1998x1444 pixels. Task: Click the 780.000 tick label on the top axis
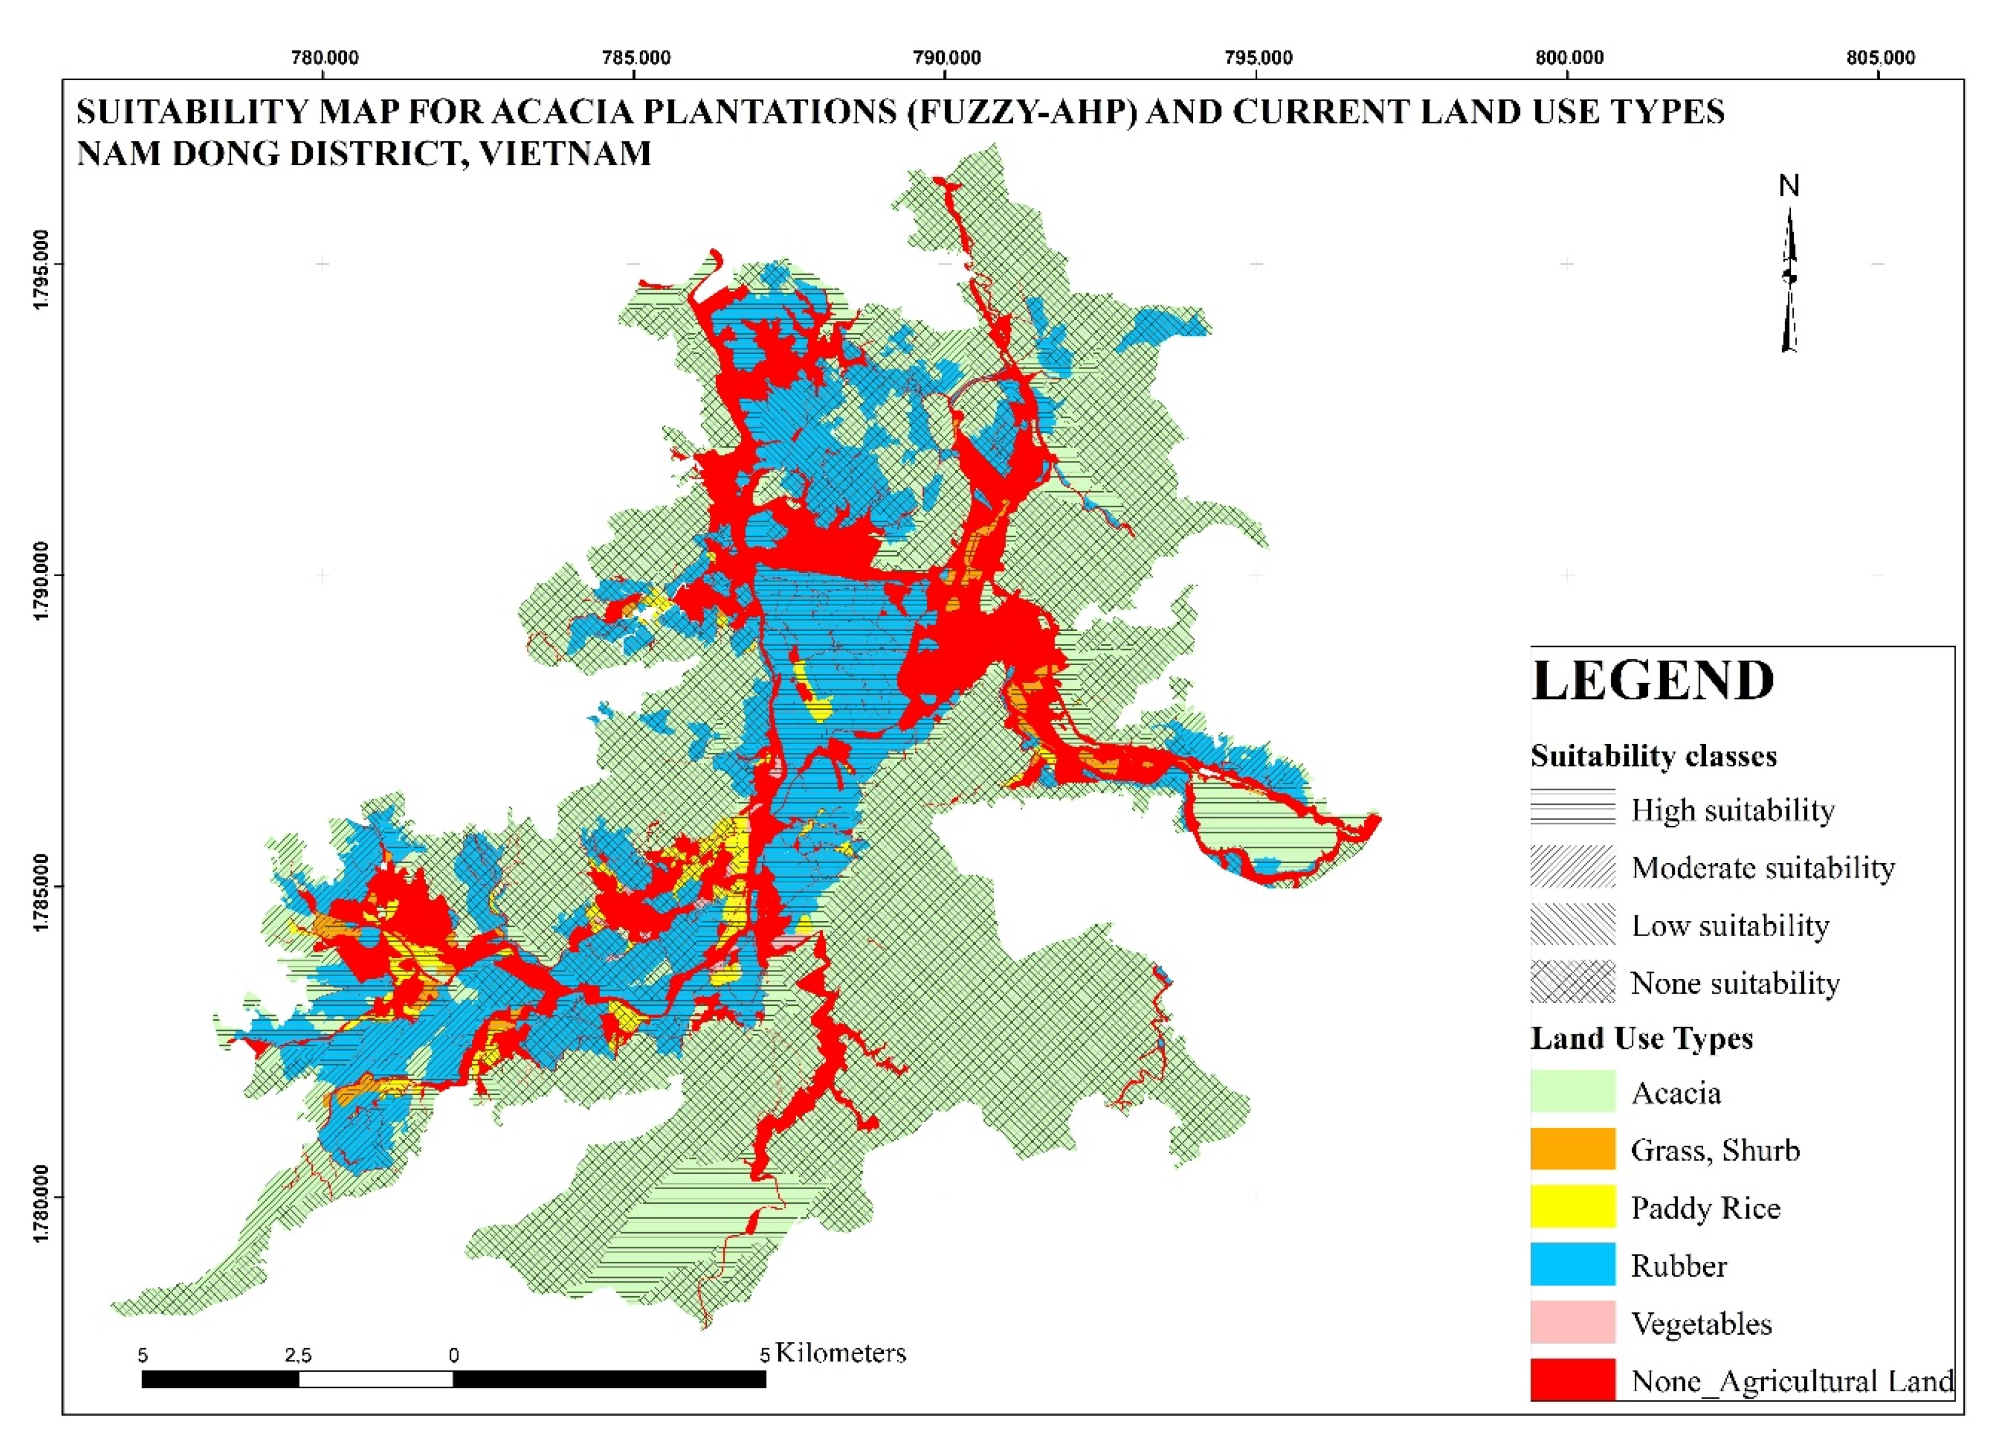[x=324, y=58]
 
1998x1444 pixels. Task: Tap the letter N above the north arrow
[x=1789, y=186]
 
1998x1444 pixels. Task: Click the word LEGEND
[x=1653, y=681]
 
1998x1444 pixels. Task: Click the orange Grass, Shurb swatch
[x=1573, y=1149]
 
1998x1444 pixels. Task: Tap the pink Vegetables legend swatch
[x=1573, y=1323]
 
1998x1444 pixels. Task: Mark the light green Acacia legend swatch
[x=1573, y=1092]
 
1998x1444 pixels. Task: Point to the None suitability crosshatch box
[x=1573, y=981]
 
